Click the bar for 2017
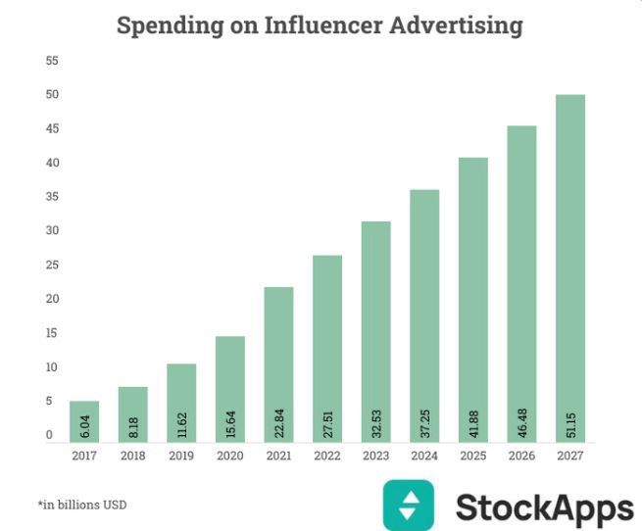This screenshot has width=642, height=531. tap(84, 421)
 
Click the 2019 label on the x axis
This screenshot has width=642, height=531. tap(181, 455)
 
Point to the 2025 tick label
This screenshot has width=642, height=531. tap(472, 455)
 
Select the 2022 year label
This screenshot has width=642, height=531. tap(327, 455)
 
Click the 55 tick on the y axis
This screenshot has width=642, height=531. tap(52, 61)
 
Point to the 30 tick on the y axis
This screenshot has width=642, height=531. tap(52, 231)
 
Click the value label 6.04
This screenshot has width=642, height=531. tap(84, 425)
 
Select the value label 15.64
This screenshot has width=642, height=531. tap(230, 421)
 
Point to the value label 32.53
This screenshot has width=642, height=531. tap(375, 421)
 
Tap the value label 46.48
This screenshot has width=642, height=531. tap(521, 421)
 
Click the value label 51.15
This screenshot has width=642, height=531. tap(569, 421)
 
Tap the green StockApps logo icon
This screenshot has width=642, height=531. tap(411, 506)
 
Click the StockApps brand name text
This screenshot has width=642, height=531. tap(544, 508)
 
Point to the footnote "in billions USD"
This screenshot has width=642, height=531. tap(82, 505)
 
